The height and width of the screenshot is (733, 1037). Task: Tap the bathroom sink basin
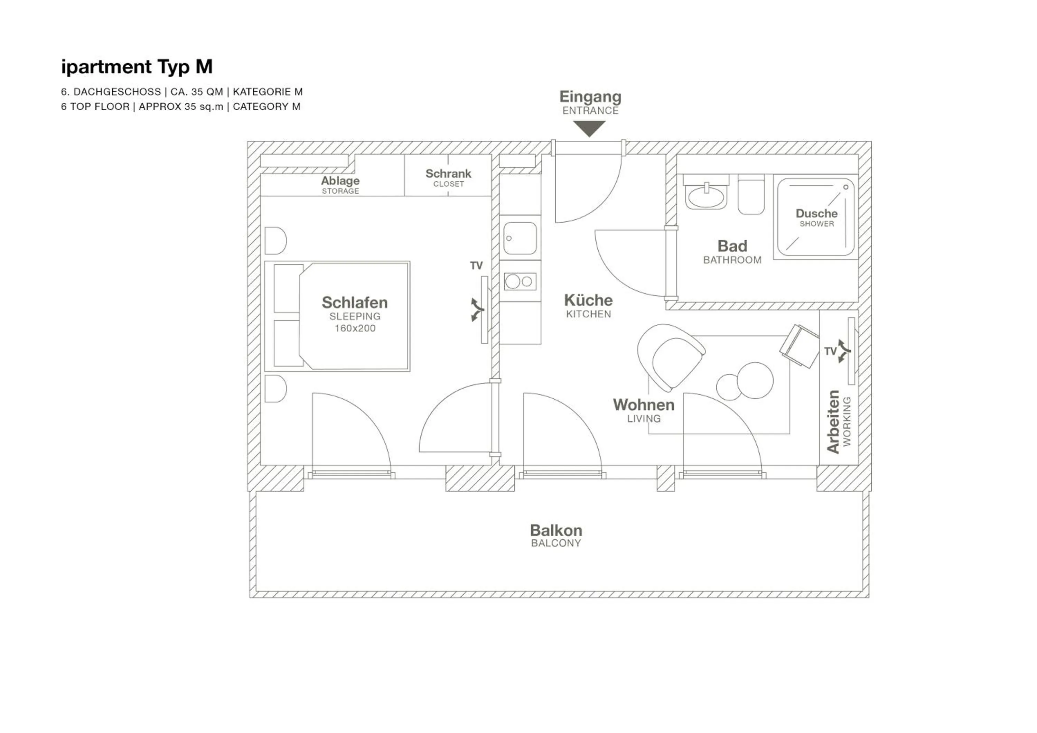pos(706,197)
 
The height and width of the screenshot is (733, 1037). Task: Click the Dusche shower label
pos(816,214)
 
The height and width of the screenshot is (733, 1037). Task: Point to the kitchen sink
pos(520,238)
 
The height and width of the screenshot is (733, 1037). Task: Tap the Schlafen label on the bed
pos(355,303)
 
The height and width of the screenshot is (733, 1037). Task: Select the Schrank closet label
pos(448,174)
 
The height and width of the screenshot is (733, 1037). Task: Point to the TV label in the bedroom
pos(476,266)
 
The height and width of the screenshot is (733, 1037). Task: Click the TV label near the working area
pos(830,351)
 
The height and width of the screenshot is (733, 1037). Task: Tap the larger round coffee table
pos(755,380)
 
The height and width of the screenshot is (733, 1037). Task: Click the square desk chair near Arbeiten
pos(799,345)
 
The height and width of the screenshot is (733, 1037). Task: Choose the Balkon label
pos(555,530)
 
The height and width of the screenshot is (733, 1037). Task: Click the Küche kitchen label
pos(588,300)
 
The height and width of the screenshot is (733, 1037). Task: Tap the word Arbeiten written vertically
pos(832,421)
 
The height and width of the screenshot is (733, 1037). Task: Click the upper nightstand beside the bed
pos(275,241)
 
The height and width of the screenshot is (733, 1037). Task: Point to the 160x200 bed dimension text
pos(355,328)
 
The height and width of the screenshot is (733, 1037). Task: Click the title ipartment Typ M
pos(137,67)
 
